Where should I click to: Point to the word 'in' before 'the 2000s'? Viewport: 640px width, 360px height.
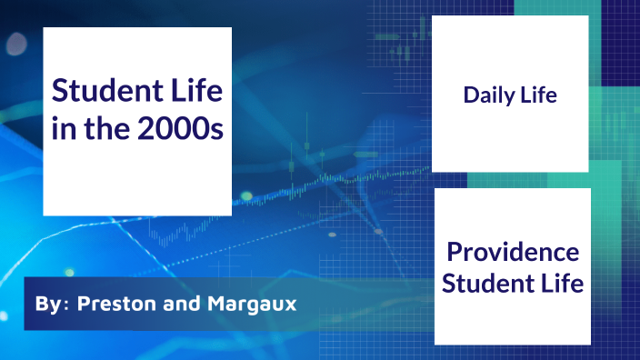tap(63, 129)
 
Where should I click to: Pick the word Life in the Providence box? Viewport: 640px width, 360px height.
tap(561, 284)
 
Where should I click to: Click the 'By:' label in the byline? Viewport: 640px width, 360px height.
tap(49, 304)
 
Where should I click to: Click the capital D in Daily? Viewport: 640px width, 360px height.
tap(470, 95)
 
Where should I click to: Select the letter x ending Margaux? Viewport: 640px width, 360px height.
tap(291, 305)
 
